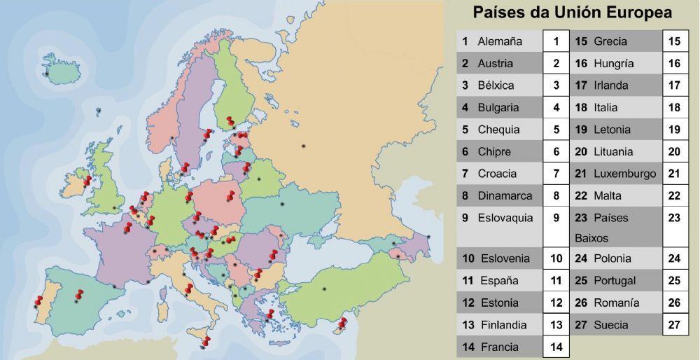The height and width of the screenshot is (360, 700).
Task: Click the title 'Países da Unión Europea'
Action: (572, 13)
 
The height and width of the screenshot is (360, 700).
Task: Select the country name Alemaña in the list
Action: (500, 41)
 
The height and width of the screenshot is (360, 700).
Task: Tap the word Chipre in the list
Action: (494, 152)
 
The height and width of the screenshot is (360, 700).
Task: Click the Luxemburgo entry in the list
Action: (624, 174)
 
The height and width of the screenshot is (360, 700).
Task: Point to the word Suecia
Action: (610, 325)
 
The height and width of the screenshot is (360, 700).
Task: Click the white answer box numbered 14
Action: (556, 347)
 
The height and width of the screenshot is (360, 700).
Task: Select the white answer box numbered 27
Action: (674, 325)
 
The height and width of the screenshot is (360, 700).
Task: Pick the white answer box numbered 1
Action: (556, 41)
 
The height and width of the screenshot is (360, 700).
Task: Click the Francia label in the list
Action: (500, 347)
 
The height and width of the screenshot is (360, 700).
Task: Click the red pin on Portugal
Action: (38, 301)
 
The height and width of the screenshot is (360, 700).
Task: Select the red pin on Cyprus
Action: (342, 323)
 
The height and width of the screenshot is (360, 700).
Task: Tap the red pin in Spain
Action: (78, 295)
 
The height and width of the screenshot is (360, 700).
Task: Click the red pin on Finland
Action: (230, 122)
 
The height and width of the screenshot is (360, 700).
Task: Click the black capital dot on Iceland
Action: (46, 74)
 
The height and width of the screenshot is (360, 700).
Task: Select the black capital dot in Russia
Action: (303, 146)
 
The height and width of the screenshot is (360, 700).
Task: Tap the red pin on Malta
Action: (205, 341)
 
